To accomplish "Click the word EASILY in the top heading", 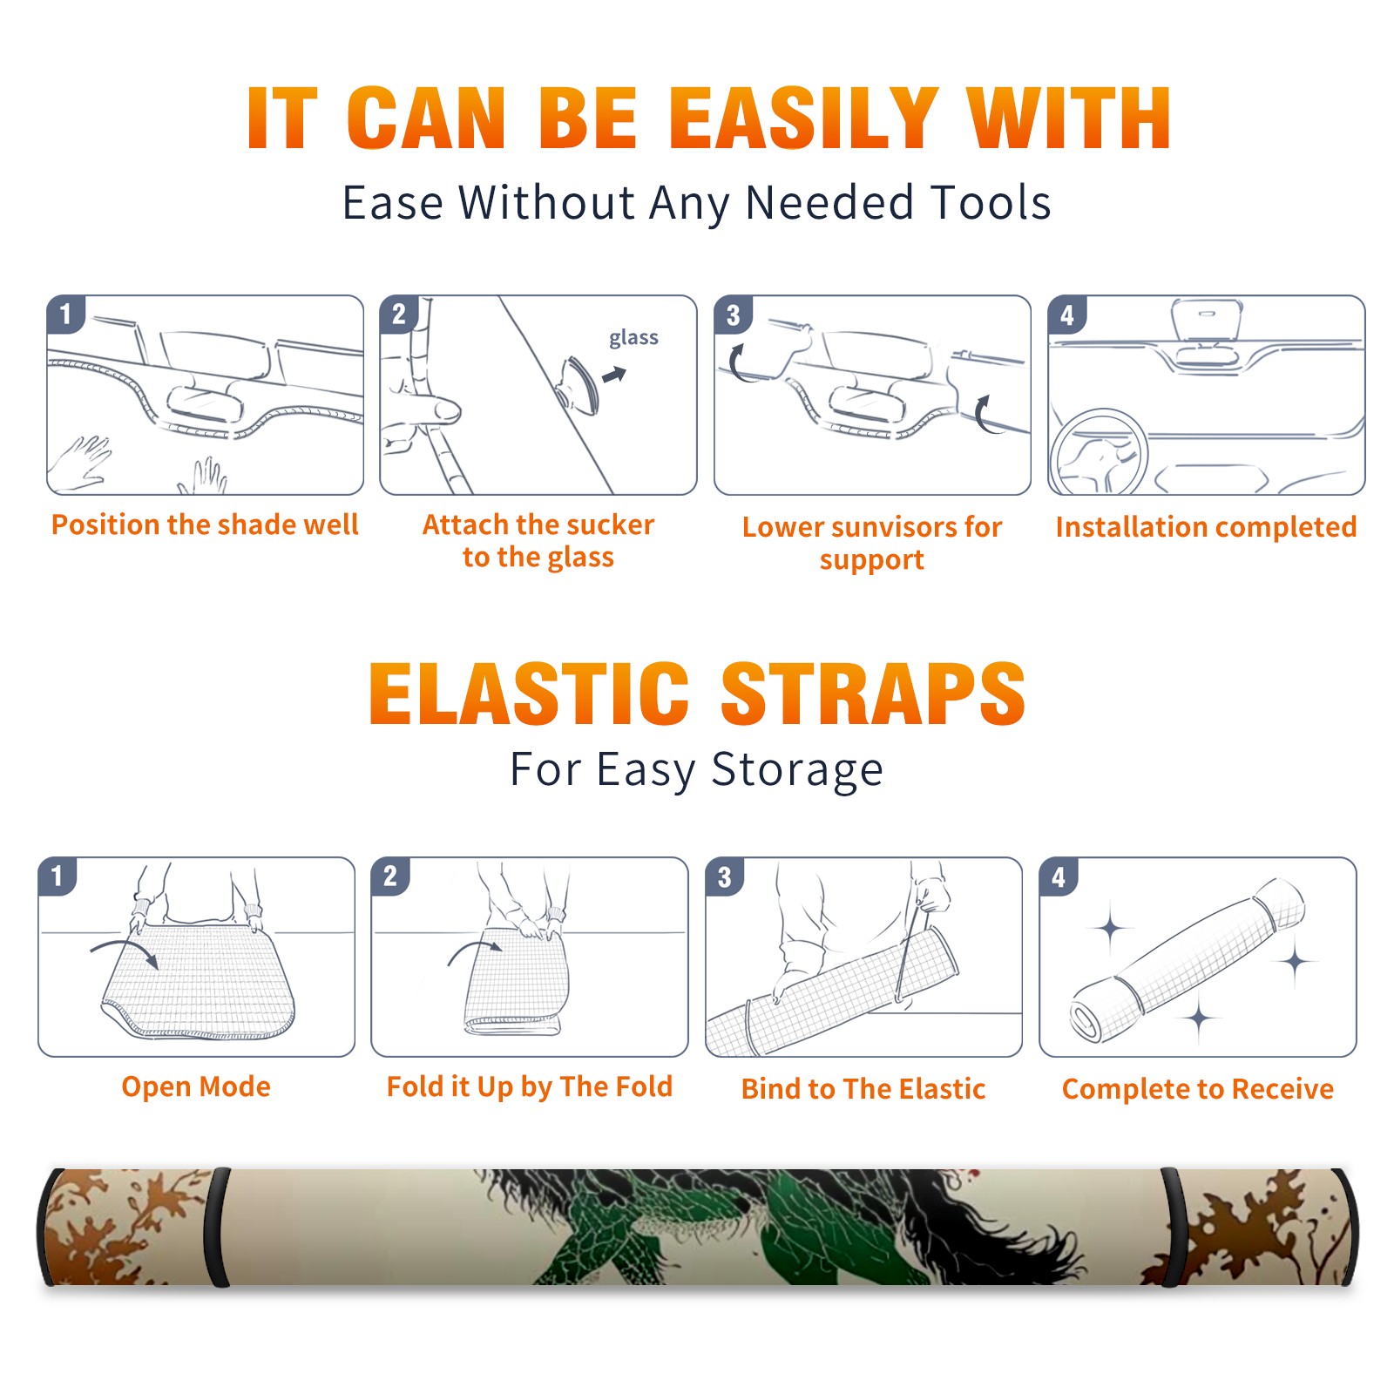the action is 802,118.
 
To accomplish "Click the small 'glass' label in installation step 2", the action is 633,338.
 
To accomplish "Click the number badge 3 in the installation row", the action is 733,315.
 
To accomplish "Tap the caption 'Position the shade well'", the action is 205,524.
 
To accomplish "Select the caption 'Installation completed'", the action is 1206,527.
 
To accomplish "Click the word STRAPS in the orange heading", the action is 873,694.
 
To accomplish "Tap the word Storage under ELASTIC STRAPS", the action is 797,771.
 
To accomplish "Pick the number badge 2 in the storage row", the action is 390,876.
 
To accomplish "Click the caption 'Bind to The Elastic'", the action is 863,1089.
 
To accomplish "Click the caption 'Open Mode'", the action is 196,1086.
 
